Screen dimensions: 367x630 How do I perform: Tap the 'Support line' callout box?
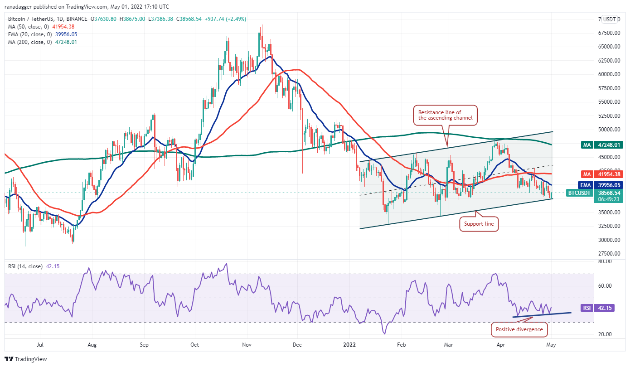point(479,223)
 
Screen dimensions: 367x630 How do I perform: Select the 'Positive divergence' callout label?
point(519,329)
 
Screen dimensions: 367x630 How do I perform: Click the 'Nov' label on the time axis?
point(247,345)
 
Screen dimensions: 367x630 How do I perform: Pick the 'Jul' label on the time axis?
point(41,345)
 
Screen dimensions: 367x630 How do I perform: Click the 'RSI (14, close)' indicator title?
point(26,266)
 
